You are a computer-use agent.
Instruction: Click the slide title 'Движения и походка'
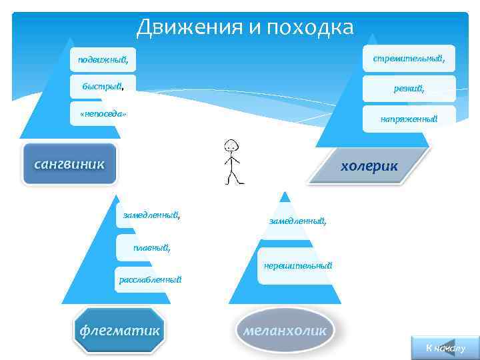click(x=245, y=27)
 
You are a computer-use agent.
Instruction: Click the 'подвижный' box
click(x=103, y=60)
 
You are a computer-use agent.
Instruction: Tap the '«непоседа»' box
click(x=103, y=114)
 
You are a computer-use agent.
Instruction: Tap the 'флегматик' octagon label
click(x=120, y=330)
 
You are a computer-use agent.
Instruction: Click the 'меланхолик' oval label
click(x=285, y=330)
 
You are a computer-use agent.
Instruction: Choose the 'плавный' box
click(x=152, y=248)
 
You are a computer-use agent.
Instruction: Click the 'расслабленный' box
click(x=150, y=279)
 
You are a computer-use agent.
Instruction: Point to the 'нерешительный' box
click(x=297, y=266)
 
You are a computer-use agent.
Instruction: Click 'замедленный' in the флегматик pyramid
click(x=151, y=215)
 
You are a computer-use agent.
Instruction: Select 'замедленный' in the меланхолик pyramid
click(x=297, y=221)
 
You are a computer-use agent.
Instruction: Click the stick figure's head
click(x=231, y=146)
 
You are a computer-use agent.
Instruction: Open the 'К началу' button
click(x=445, y=349)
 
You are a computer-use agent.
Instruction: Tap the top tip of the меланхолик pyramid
click(x=285, y=194)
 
